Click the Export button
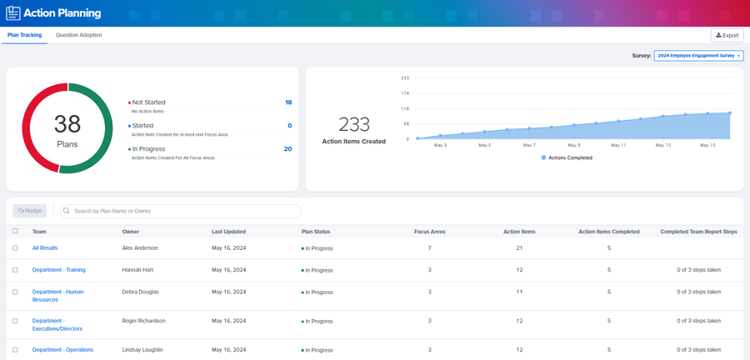coord(727,36)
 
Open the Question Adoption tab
coord(78,35)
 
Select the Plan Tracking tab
coord(24,35)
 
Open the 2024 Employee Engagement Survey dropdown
coord(698,56)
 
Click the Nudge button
coord(30,211)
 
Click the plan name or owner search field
coord(180,211)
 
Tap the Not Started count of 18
coord(288,102)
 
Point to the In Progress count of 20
coord(287,149)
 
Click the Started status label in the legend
coord(142,126)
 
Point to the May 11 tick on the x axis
coord(618,145)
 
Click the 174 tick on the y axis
coord(405,93)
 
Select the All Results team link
coord(45,248)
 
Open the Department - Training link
coord(58,270)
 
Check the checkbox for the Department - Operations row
coord(15,350)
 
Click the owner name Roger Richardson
coord(143,321)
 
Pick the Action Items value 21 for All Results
coord(519,248)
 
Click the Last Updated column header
coord(228,232)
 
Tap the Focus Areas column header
coord(429,232)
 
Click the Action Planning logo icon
coord(13,13)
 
